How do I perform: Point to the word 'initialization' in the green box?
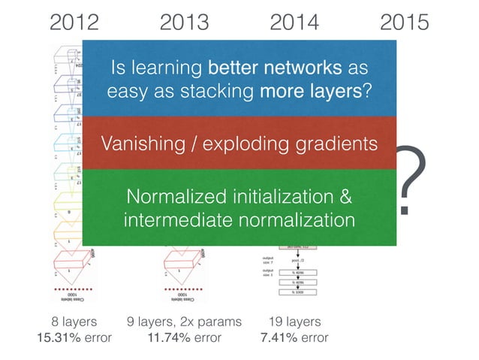pos(282,197)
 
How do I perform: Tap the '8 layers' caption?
pos(74,322)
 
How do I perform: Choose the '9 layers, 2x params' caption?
pos(184,322)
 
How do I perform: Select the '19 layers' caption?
pos(294,322)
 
